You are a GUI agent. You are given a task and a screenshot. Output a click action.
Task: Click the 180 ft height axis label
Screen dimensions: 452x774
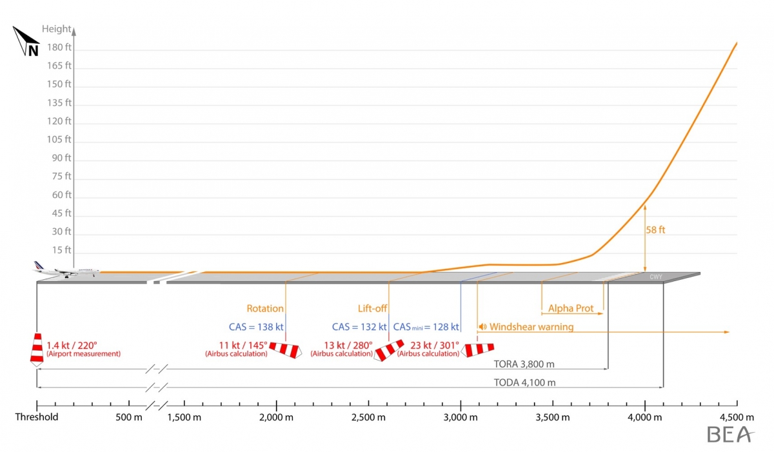coord(59,47)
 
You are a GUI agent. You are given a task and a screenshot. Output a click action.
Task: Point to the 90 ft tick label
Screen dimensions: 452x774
coord(62,158)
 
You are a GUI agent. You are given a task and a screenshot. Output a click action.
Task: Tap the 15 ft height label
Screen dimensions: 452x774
coord(62,250)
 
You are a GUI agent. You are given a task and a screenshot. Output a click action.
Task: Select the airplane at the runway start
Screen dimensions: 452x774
coord(65,270)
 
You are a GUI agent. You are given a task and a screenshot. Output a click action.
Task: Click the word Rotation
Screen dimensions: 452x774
coord(265,308)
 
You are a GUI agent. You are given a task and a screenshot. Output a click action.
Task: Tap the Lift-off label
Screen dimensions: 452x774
coord(372,308)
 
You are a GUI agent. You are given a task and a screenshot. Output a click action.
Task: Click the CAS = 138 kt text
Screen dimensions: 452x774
coord(256,327)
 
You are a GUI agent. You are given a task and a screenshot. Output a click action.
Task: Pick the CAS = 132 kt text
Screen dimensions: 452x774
coord(359,327)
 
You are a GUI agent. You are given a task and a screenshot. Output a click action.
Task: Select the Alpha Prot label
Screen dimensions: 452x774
coord(571,308)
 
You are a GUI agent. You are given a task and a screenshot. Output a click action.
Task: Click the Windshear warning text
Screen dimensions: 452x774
coord(531,327)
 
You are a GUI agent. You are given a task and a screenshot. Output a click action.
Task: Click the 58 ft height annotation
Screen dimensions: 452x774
coord(656,229)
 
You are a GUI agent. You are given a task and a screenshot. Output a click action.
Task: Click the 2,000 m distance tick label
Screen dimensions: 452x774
coord(276,417)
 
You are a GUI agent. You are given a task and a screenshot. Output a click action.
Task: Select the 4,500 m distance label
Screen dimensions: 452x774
coord(737,417)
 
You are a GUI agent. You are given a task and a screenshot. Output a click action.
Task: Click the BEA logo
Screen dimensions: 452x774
coord(730,435)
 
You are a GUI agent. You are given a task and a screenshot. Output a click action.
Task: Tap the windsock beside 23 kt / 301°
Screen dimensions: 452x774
coord(477,349)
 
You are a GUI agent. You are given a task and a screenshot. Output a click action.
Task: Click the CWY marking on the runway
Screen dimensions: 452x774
coord(656,277)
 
